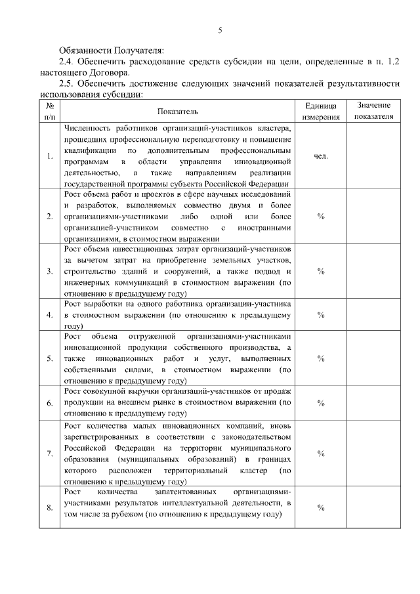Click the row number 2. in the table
click(50, 216)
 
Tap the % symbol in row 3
click(321, 271)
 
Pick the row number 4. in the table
click(50, 315)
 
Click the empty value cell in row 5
click(373, 358)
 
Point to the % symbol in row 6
click(321, 402)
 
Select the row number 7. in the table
click(50, 454)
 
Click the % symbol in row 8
click(321, 507)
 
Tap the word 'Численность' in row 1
click(88, 128)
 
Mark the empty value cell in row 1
click(373, 156)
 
